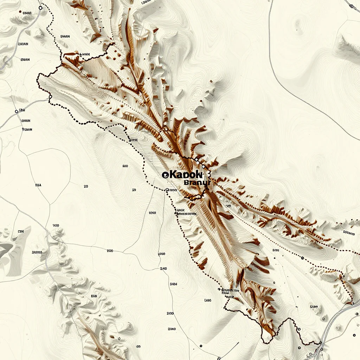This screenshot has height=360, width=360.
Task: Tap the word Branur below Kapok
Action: pyautogui.click(x=197, y=182)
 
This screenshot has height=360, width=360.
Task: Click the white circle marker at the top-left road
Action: pyautogui.click(x=40, y=7)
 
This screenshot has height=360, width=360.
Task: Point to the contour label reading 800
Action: pyautogui.click(x=110, y=251)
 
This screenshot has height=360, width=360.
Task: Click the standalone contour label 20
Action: pyautogui.click(x=86, y=187)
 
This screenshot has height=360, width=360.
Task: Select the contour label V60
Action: pyautogui.click(x=56, y=225)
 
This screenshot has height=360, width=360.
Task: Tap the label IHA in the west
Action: pyautogui.click(x=38, y=184)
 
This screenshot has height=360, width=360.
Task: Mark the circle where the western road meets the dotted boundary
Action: pyautogui.click(x=50, y=97)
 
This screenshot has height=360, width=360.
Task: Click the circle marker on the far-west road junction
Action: pyautogui.click(x=17, y=111)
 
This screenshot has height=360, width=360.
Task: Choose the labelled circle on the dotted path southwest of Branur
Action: pyautogui.click(x=167, y=190)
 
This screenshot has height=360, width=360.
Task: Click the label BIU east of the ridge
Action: pyautogui.click(x=275, y=250)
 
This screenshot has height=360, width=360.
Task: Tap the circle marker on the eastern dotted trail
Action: pyautogui.click(x=302, y=258)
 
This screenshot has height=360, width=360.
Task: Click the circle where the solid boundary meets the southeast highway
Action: pyautogui.click(x=321, y=343)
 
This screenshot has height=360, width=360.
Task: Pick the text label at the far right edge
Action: pyautogui.click(x=349, y=232)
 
